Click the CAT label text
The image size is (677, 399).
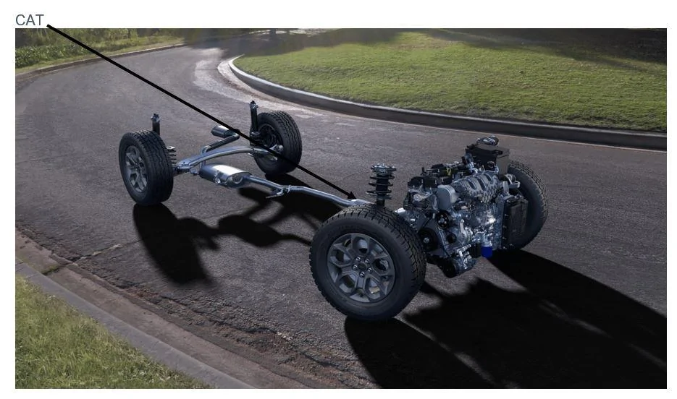tap(30, 20)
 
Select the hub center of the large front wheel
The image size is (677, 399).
tap(362, 267)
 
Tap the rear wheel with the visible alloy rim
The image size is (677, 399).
tap(146, 168)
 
